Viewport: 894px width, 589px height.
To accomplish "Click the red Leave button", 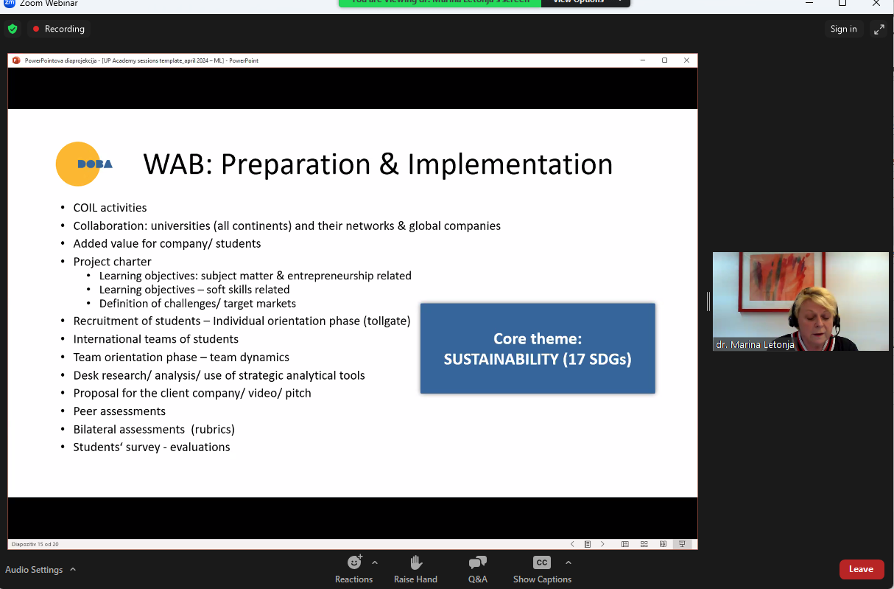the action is [862, 569].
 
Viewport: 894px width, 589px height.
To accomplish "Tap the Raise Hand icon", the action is [416, 562].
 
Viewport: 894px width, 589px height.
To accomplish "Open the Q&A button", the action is [478, 569].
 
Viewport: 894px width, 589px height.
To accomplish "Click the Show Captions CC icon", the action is [541, 562].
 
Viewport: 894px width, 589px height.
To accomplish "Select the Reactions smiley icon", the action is [354, 562].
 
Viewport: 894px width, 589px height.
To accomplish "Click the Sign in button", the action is [844, 29].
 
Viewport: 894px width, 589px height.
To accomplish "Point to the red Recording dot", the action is [36, 29].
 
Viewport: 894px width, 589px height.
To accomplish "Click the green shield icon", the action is [13, 29].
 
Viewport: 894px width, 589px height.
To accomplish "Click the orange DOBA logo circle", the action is [78, 164].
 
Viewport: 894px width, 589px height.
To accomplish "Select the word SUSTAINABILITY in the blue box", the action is [501, 359].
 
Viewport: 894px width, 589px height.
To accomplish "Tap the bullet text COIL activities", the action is [110, 208].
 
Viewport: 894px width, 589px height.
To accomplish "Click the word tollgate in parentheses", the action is [387, 321].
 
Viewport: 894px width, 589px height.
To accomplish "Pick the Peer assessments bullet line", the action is [119, 411].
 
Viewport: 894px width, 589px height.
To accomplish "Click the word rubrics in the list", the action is [213, 429].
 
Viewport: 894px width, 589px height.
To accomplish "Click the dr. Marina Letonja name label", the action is [755, 345].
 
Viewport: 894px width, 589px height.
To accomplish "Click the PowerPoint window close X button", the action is [686, 60].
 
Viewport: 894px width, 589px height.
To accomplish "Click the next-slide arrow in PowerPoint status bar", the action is [602, 544].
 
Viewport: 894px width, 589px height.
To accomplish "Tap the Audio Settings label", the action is [34, 569].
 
